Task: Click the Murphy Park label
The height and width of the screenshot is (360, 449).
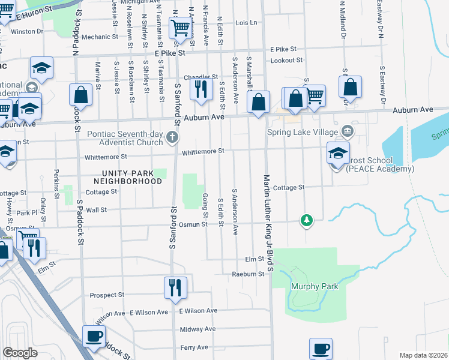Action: pyautogui.click(x=315, y=286)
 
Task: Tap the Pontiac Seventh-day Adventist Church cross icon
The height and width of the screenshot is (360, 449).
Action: pyautogui.click(x=172, y=137)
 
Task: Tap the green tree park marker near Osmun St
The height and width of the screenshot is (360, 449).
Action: pyautogui.click(x=307, y=221)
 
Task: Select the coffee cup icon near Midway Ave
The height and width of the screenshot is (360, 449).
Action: pyautogui.click(x=93, y=336)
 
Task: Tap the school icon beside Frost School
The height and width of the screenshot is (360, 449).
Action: pyautogui.click(x=338, y=152)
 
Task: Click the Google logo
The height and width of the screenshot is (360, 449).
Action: pyautogui.click(x=20, y=353)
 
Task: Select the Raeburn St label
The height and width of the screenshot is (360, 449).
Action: pyautogui.click(x=249, y=274)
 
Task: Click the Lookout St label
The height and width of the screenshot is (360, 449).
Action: pyautogui.click(x=286, y=61)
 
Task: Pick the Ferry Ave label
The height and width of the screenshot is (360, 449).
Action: pyautogui.click(x=194, y=347)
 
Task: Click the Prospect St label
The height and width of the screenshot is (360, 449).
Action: pyautogui.click(x=107, y=295)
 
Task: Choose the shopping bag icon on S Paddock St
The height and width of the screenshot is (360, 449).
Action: pyautogui.click(x=80, y=94)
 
